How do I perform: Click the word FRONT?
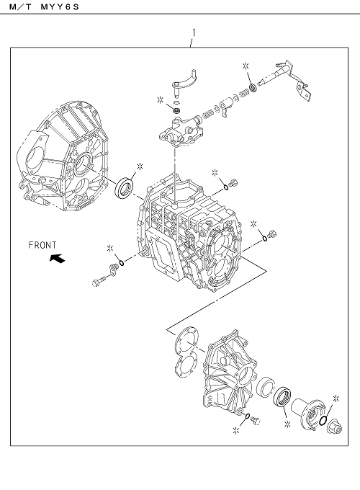click(42, 245)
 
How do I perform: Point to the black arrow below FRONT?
click(57, 258)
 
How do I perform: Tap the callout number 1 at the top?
click(194, 32)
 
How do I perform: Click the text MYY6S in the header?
click(59, 6)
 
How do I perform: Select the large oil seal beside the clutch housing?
click(125, 188)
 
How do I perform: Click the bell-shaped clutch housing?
click(63, 156)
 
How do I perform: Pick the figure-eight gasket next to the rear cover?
click(186, 352)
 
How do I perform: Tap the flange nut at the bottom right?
click(334, 427)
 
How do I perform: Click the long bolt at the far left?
click(102, 280)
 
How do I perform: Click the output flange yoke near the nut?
click(308, 412)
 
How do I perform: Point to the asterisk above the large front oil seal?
click(140, 166)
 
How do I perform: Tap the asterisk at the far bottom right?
click(336, 398)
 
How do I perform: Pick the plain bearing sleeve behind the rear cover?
click(266, 387)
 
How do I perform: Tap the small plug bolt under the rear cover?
click(256, 421)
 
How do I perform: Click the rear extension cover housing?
click(230, 372)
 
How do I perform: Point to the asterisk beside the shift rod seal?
click(246, 66)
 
